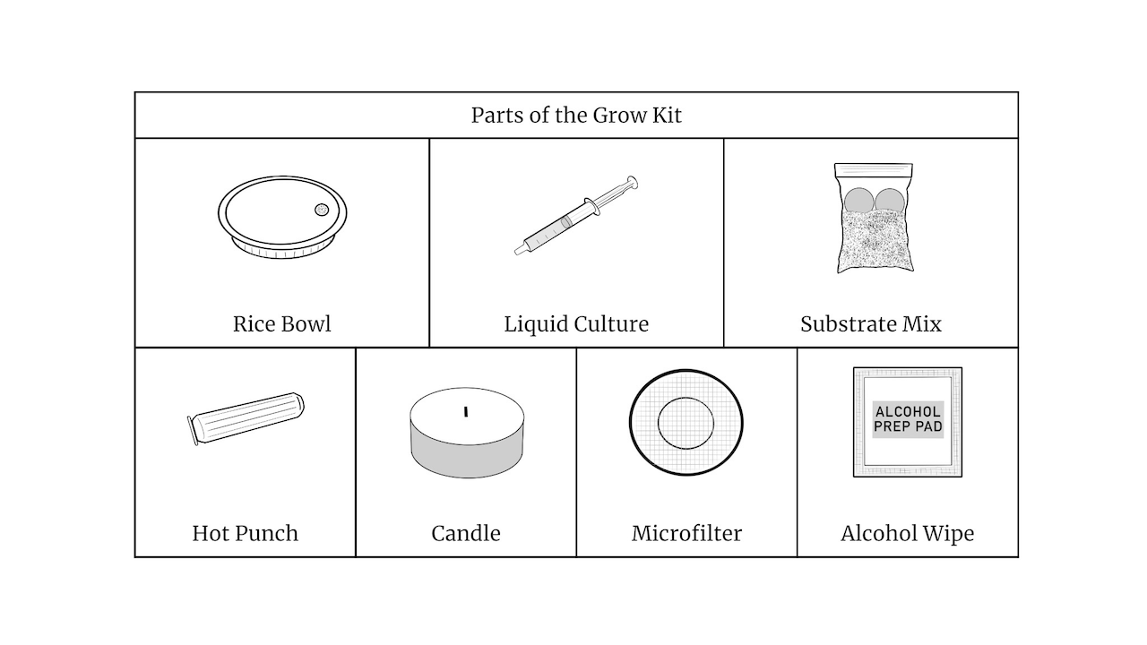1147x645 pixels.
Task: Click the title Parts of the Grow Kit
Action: [x=576, y=116]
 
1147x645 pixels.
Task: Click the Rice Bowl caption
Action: [x=281, y=323]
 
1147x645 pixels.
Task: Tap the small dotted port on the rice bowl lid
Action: [x=322, y=210]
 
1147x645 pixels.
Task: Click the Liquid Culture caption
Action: [x=576, y=323]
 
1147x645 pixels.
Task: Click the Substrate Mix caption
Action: [x=870, y=323]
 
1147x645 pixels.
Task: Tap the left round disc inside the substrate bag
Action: [x=858, y=201]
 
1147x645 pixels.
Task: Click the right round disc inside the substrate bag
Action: [x=890, y=201]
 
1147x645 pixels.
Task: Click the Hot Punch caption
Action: [x=245, y=533]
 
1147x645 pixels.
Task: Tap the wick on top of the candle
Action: [x=466, y=412]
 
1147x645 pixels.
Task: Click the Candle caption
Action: [x=466, y=533]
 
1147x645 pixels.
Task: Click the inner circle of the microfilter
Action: [x=686, y=423]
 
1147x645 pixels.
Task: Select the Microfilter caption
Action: [x=686, y=533]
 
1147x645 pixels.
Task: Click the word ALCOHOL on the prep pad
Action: [x=908, y=413]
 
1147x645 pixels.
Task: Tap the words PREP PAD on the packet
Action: [x=908, y=427]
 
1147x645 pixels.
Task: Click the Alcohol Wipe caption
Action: [x=907, y=533]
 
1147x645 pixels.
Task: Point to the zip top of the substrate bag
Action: [x=874, y=168]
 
